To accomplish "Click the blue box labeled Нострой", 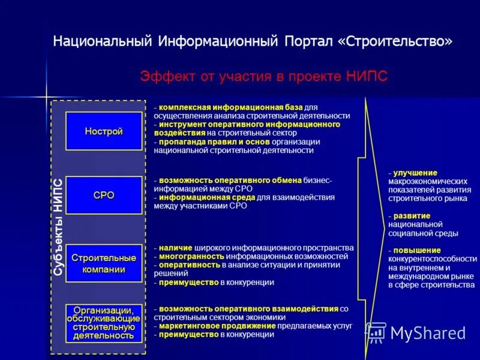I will click(x=104, y=131).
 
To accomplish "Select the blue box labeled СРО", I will click(x=104, y=195).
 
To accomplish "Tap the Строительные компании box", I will click(x=104, y=263).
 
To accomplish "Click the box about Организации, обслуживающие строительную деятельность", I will click(x=104, y=323).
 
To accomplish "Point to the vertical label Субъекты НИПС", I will click(x=58, y=227).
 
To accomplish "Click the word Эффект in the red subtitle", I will click(x=163, y=77).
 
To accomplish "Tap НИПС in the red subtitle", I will click(x=367, y=77).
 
